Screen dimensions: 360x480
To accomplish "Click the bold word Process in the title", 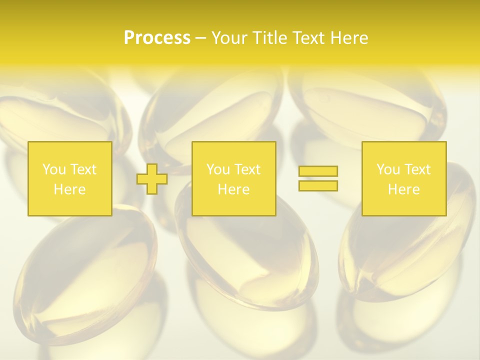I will point(157,38).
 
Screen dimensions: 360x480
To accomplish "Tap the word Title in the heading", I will point(268,38).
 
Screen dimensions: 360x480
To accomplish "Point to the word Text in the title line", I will point(309,38).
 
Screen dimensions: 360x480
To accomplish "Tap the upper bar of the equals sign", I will point(318,171).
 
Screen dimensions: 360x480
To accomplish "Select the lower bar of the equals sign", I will point(318,185).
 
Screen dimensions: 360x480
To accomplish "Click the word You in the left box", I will point(54,169).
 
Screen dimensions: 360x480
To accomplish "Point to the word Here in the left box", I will point(69,189).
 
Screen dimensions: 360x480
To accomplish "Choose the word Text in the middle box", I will point(247,169).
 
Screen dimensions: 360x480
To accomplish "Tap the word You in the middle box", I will point(218,169).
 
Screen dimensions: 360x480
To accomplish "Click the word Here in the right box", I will point(403,189).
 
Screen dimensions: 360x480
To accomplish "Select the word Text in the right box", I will point(417,169).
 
